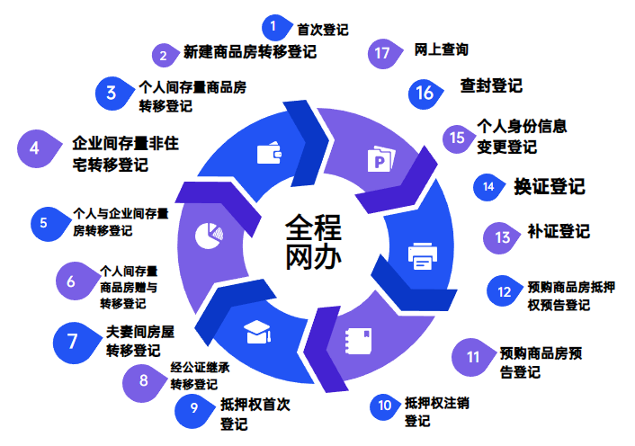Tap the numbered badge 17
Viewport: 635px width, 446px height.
383,53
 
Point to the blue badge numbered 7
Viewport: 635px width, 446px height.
71,340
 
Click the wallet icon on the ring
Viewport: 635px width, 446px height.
270,154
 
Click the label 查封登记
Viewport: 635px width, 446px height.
491,87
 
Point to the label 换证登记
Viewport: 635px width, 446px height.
549,186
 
